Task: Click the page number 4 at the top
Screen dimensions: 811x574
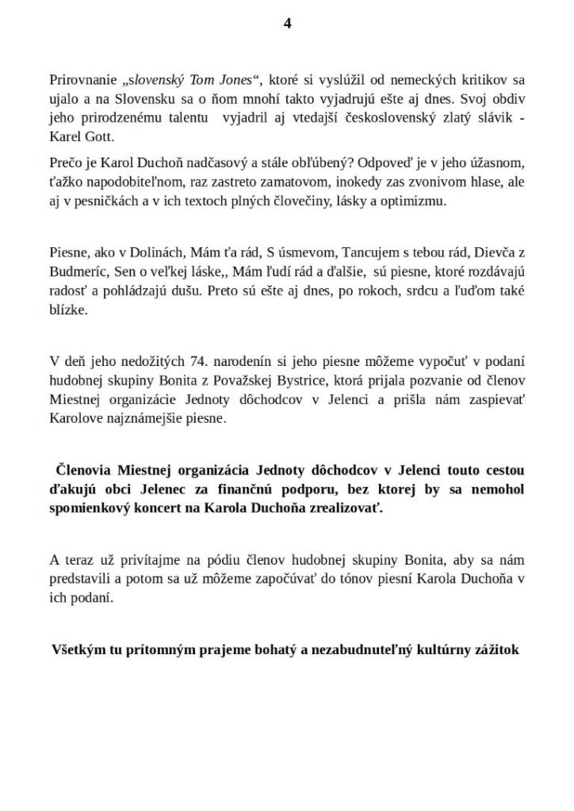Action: click(287, 24)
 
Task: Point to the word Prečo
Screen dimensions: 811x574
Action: click(65, 163)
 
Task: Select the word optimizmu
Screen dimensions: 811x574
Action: click(419, 200)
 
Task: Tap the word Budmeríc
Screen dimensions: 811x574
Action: click(74, 272)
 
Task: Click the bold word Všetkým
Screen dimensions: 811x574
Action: click(81, 649)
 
